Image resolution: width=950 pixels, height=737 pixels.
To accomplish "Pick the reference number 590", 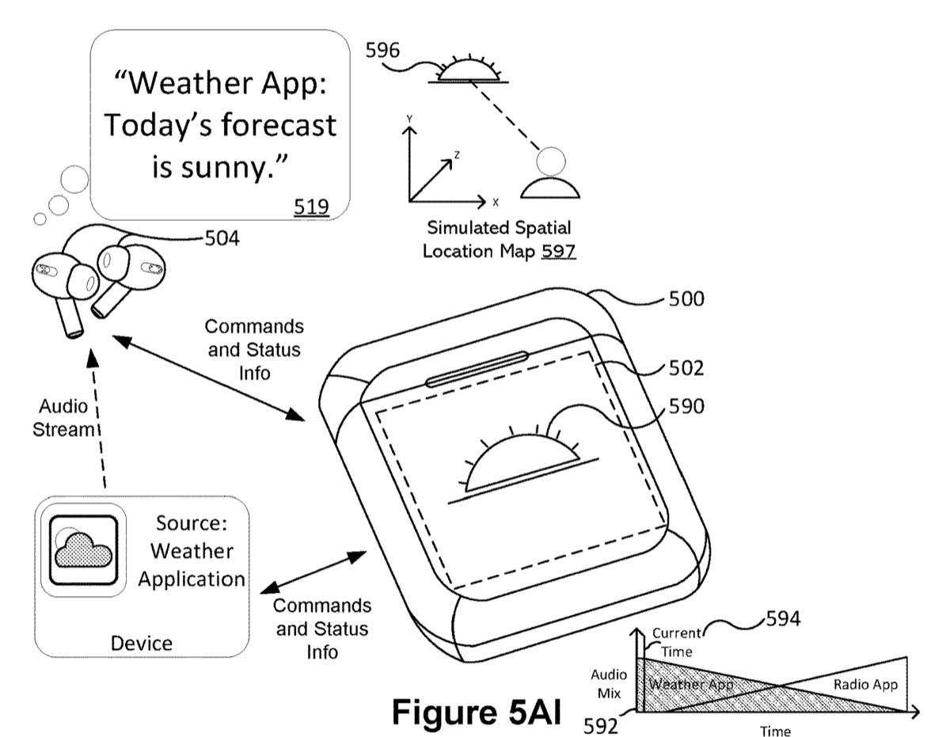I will [682, 406].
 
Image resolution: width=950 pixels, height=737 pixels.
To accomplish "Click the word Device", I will [142, 642].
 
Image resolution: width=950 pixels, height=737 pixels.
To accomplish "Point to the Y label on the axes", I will [408, 119].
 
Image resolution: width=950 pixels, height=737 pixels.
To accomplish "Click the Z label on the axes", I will [457, 156].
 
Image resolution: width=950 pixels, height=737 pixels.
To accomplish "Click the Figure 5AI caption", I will [477, 710].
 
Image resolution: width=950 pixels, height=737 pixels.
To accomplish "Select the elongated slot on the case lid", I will [477, 368].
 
